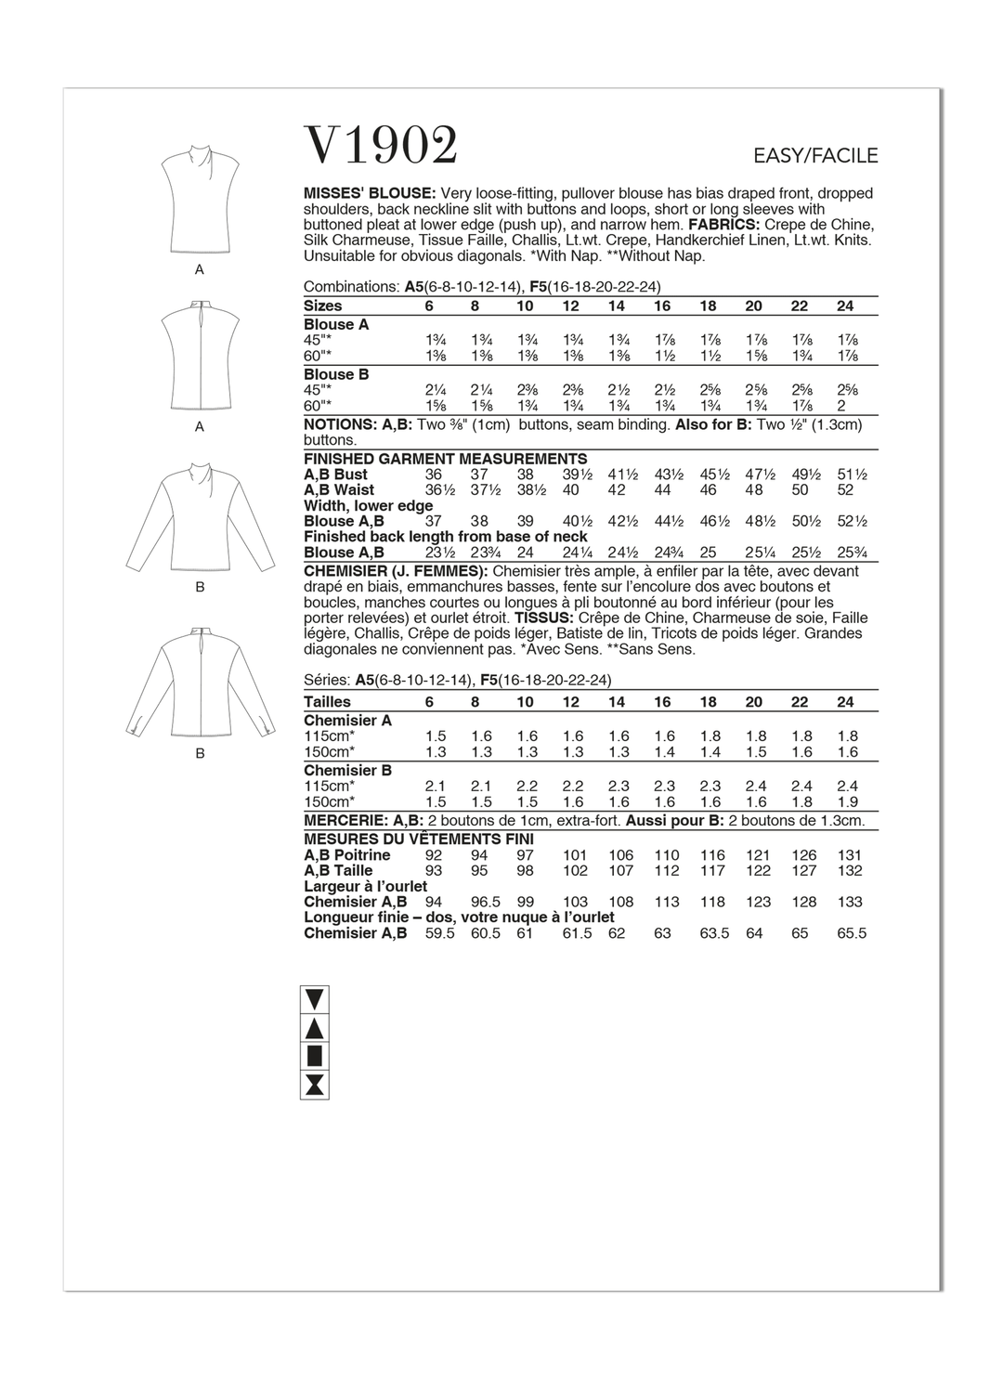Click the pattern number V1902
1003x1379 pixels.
[381, 146]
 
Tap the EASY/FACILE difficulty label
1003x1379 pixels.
[814, 156]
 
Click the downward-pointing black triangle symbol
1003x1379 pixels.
[314, 1000]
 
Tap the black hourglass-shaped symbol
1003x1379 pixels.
[314, 1084]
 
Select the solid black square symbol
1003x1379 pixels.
[314, 1056]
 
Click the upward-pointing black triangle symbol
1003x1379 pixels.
[314, 1028]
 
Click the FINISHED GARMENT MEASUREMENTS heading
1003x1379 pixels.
[445, 459]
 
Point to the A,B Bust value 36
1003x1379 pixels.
[434, 475]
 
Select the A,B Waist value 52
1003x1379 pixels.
[845, 490]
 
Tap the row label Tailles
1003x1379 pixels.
[327, 702]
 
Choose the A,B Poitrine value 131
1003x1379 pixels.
[849, 855]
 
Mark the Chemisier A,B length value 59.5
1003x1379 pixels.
[439, 933]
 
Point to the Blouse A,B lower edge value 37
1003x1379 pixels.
[434, 522]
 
